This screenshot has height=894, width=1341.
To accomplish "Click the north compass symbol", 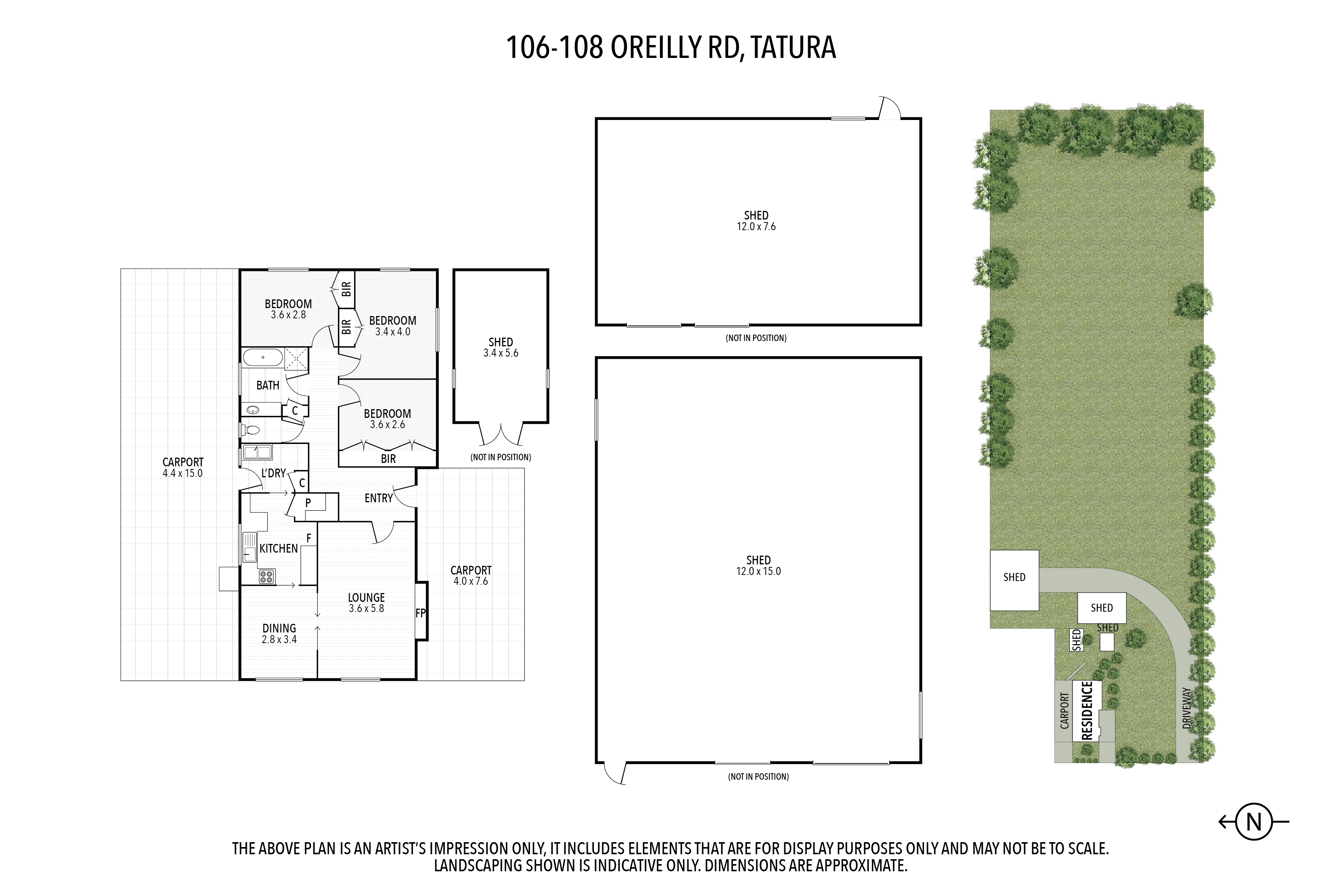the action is coord(1254,822).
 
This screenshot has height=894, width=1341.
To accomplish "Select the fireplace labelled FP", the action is coord(421,611).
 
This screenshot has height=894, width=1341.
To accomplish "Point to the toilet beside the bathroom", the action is coord(251,429).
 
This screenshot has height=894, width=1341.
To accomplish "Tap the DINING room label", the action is coord(279,628).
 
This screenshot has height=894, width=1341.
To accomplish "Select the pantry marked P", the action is coord(308,503).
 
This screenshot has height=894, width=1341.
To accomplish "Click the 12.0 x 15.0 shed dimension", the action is coord(758,571).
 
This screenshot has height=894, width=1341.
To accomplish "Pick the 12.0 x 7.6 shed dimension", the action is coord(756,226).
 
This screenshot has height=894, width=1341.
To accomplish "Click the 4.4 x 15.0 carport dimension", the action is coord(182,473).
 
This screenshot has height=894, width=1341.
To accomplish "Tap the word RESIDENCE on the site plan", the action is coord(1087,711).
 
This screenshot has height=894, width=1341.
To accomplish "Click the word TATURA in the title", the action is coord(793,47).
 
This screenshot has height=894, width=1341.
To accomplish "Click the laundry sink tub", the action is coord(257,453).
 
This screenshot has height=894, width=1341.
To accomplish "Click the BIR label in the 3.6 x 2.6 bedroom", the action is coord(388,458).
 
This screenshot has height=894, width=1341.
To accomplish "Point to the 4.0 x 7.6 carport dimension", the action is coord(471,581).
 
